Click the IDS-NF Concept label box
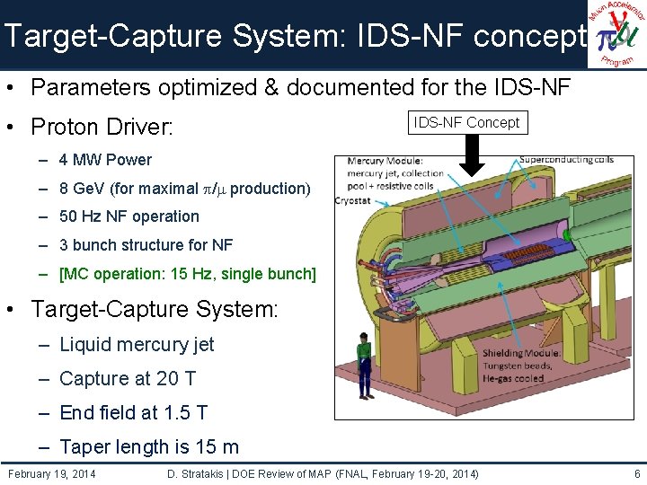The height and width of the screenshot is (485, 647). (x=467, y=122)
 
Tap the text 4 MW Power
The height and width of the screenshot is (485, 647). (x=105, y=160)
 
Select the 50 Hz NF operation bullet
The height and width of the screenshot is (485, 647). (x=129, y=216)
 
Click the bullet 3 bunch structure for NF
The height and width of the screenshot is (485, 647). (x=146, y=244)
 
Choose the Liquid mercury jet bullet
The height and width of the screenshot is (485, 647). (x=137, y=344)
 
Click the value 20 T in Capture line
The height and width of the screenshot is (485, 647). (x=177, y=379)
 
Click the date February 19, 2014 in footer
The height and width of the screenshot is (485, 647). (x=52, y=473)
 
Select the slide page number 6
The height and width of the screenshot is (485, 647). (x=636, y=473)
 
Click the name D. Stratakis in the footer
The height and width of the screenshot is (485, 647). (x=200, y=473)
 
